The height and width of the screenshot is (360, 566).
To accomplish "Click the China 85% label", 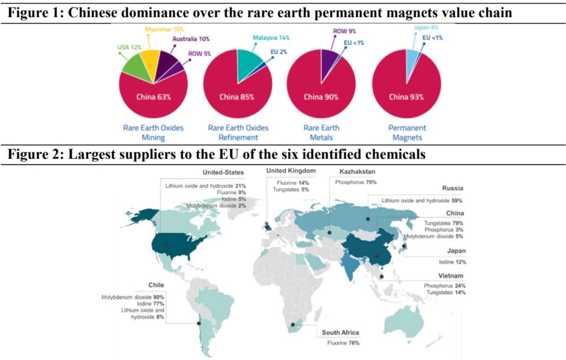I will click(237, 97).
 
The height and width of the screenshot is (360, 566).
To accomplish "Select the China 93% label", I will click(406, 97).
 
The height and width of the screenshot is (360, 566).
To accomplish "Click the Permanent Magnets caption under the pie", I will click(406, 133).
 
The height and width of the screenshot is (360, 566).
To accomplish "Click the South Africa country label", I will click(341, 333).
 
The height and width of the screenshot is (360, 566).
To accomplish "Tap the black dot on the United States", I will click(166, 246).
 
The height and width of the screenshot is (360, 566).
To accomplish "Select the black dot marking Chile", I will click(199, 324).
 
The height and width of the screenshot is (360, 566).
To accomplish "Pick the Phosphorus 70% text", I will click(353, 181).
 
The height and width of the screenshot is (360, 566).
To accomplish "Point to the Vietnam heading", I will click(450, 275).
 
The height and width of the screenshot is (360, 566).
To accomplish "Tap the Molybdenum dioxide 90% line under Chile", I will click(133, 297).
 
